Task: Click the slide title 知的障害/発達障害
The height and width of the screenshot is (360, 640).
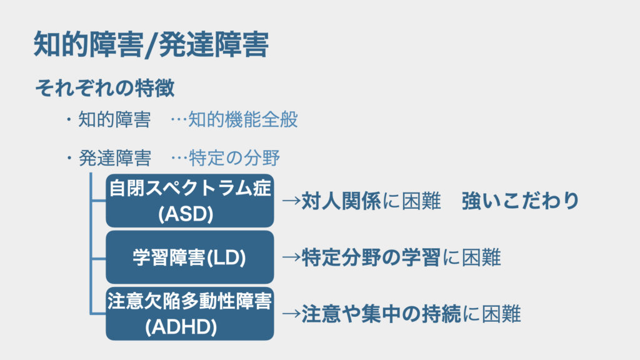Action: click(151, 46)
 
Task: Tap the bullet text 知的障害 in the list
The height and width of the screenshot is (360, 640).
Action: click(114, 120)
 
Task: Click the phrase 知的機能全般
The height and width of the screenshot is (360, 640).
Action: click(242, 120)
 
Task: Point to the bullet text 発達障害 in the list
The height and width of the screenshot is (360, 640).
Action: click(114, 158)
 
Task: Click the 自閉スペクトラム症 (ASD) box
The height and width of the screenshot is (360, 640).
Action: click(189, 200)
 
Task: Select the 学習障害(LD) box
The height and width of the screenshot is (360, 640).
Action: click(189, 257)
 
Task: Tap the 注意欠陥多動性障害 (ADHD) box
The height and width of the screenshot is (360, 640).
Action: click(189, 312)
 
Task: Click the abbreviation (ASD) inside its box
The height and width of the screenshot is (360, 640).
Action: click(186, 214)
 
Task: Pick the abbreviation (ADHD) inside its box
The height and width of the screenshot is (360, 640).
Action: click(181, 327)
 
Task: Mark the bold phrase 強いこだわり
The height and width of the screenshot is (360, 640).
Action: click(521, 201)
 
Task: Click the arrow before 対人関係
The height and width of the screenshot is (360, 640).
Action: click(291, 201)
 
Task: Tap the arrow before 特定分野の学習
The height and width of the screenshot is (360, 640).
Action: click(291, 257)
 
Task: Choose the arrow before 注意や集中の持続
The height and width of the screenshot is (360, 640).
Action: click(291, 313)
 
